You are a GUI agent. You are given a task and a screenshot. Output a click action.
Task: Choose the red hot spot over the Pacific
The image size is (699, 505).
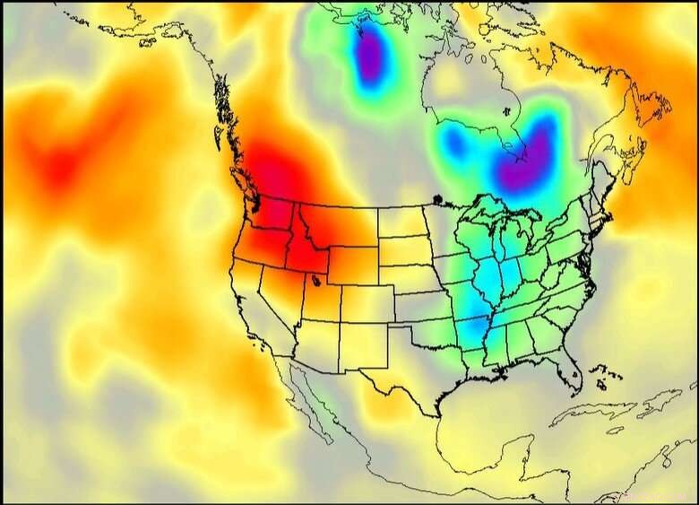point(58,166)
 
